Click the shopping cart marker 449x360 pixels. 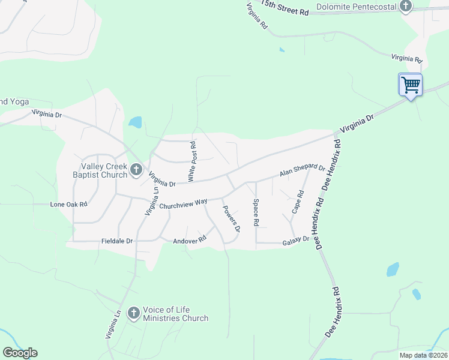coord(411,85)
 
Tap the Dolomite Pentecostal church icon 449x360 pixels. coord(406,7)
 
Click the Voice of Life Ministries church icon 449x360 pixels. coord(134,313)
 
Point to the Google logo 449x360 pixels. coord(20,353)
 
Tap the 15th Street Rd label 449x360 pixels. coord(285,8)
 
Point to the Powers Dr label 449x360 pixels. coord(232,219)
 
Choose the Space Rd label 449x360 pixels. coord(256,212)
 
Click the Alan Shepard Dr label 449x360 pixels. coord(302,172)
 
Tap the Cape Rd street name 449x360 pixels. coord(298,202)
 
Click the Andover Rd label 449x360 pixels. coord(189,239)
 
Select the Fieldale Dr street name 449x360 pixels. coord(117,241)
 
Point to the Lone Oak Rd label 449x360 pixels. coord(69,204)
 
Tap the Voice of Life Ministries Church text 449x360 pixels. coord(175,314)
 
